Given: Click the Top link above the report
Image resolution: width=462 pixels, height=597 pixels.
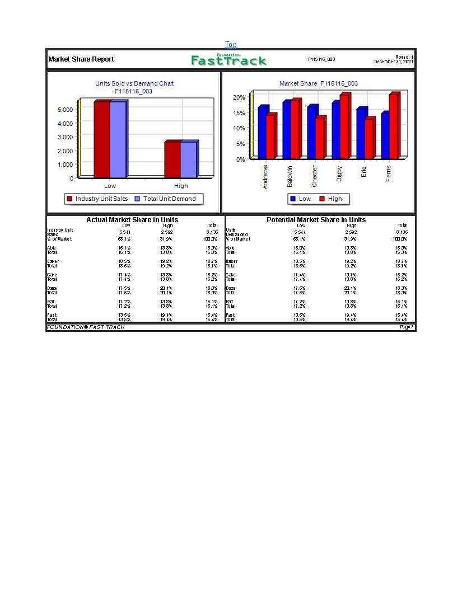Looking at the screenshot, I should tap(231, 44).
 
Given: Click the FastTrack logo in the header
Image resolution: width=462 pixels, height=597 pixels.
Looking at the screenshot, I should tap(228, 60).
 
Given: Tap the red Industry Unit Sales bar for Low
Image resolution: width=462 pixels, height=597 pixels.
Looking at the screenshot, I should tap(101, 140).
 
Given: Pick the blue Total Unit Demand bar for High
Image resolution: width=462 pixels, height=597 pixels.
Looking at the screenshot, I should tap(188, 159).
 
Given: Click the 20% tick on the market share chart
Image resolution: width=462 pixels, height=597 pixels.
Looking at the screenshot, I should tap(239, 97).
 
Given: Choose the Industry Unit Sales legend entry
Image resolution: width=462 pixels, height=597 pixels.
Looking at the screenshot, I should tap(97, 199).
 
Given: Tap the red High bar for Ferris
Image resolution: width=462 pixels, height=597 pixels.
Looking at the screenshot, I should tap(394, 126).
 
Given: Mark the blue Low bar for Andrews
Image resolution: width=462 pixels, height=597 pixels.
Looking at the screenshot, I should tap(262, 133).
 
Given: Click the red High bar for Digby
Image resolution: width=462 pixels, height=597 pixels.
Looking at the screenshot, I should tap(344, 127).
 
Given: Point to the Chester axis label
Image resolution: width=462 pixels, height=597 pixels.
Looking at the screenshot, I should tap(314, 176).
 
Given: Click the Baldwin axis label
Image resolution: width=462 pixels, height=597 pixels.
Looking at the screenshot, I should tap(290, 176).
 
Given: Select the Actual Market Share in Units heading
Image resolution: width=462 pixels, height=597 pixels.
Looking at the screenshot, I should tap(132, 220).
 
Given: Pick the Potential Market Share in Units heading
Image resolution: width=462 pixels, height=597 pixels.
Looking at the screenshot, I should tap(316, 220).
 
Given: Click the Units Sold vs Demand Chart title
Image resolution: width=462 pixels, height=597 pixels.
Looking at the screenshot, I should tap(134, 83).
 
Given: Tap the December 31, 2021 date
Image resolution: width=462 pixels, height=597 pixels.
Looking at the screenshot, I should tap(394, 62).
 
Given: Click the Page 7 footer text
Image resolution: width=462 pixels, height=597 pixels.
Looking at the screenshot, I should tap(407, 327).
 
